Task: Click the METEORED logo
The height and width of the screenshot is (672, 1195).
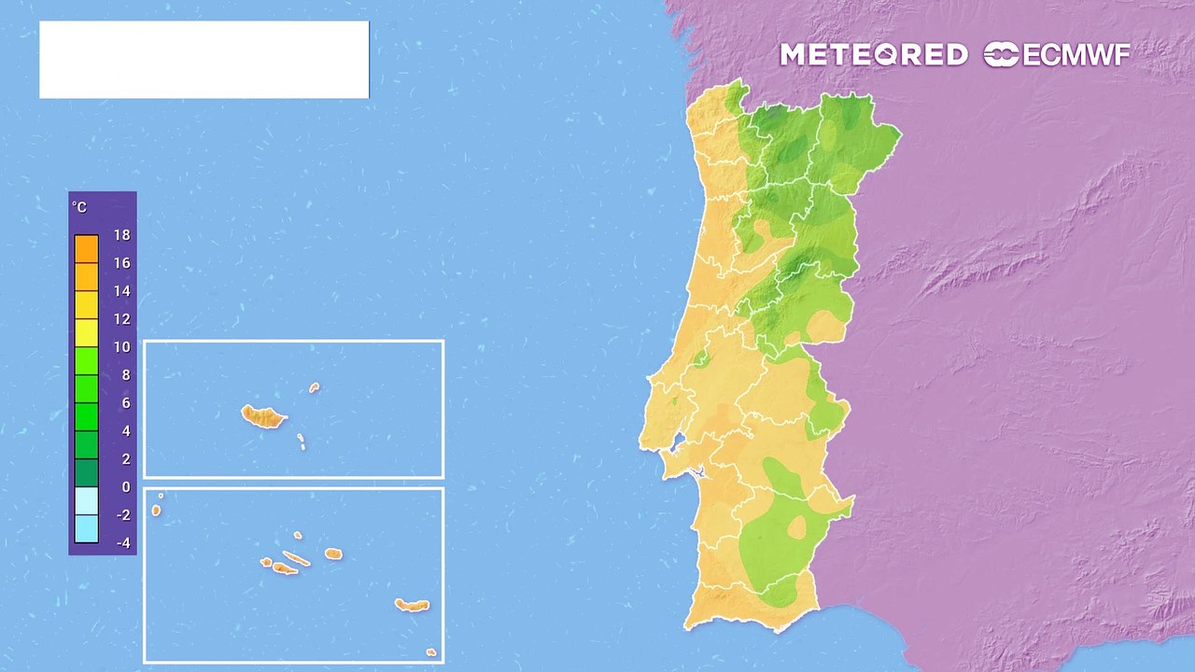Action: point(873,55)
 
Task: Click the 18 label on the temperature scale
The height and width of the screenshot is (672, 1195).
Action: point(122,235)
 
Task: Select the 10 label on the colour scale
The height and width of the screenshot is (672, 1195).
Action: point(122,347)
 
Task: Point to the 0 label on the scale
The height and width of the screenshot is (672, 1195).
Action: point(126,487)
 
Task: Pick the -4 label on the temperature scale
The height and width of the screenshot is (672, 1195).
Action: point(122,543)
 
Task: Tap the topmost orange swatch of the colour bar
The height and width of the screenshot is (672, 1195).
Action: point(86,248)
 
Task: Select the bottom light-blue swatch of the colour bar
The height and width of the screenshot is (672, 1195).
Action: point(86,529)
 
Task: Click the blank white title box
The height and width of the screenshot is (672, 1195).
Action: point(204,60)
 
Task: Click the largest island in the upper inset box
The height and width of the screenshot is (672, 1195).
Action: point(263,416)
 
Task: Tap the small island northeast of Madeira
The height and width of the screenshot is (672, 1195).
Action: point(315,387)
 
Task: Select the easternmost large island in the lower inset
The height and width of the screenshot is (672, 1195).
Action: point(412,605)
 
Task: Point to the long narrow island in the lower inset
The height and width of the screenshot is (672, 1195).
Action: point(296,559)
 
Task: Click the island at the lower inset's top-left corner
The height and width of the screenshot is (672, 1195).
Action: point(156,510)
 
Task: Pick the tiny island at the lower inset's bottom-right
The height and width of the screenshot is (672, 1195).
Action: point(430,651)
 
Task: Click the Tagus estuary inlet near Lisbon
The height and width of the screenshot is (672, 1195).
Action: point(680,441)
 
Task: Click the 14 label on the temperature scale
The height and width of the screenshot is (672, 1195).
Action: point(122,291)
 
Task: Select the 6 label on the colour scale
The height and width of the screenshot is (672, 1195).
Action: point(126,403)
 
